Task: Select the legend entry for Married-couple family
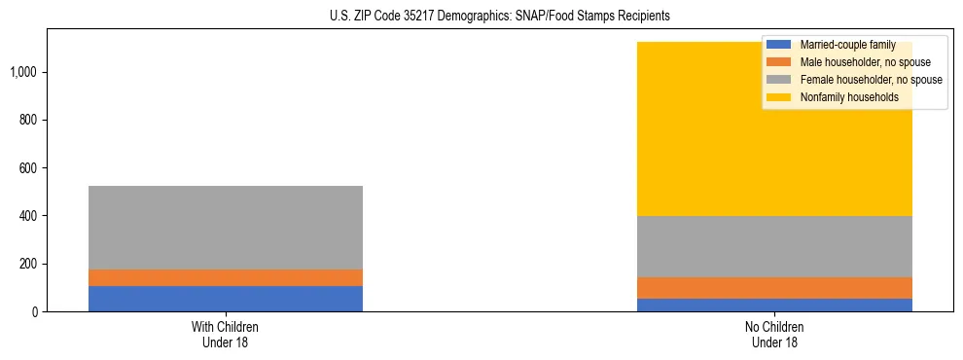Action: (846, 45)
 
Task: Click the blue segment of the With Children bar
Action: (225, 299)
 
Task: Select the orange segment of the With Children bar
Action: (225, 277)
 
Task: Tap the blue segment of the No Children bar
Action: (774, 305)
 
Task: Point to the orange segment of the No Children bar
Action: (774, 288)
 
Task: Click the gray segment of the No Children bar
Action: (774, 246)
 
